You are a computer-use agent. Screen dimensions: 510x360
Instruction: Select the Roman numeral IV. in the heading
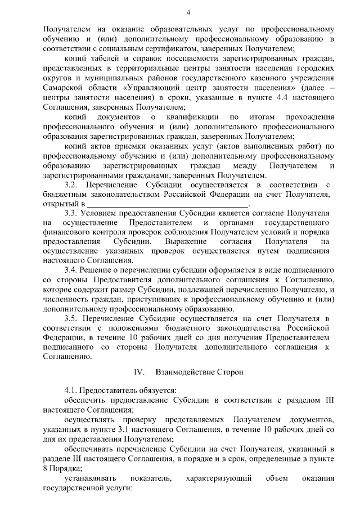(x=139, y=372)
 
